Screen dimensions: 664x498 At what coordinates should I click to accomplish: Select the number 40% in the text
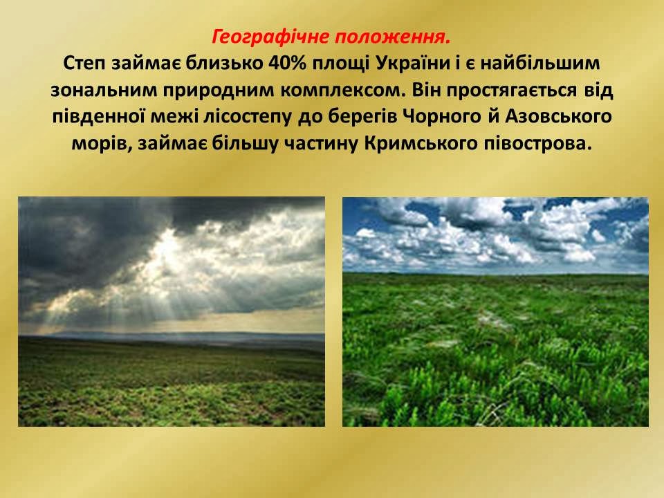[x=286, y=64]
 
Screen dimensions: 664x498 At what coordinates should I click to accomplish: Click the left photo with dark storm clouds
[x=172, y=312]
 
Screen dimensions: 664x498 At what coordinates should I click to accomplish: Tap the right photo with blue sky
[x=495, y=312]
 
